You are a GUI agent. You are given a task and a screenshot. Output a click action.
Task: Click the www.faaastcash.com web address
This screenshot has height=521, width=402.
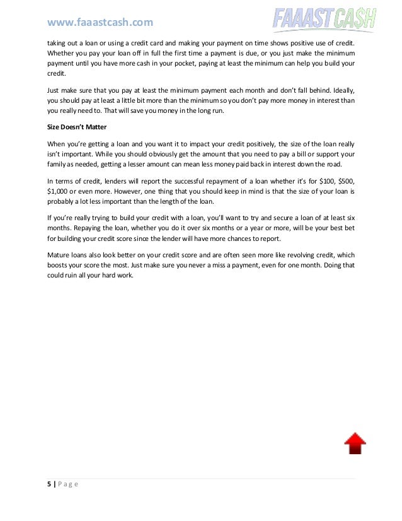click(x=100, y=23)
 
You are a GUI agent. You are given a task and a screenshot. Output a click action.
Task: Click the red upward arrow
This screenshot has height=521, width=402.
click(x=355, y=443)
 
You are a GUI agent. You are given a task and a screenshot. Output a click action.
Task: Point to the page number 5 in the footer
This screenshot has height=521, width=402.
click(x=50, y=484)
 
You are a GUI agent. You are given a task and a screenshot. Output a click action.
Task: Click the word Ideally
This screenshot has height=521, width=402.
click(x=341, y=90)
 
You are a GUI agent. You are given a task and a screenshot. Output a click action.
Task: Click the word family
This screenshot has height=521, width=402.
click(x=57, y=165)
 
